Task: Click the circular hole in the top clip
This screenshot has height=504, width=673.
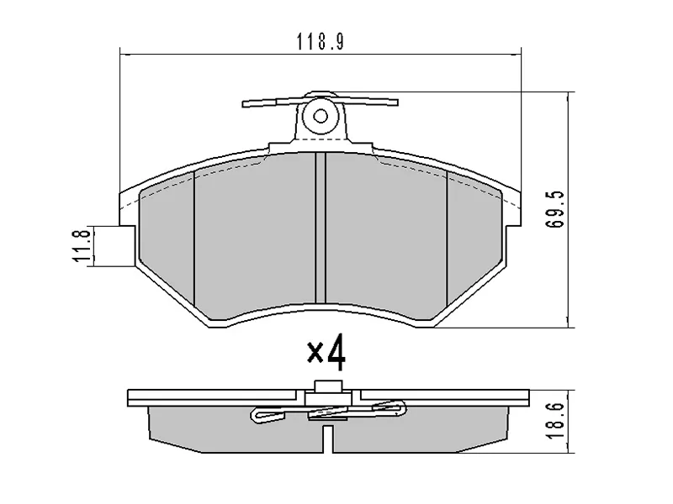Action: tap(320, 117)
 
